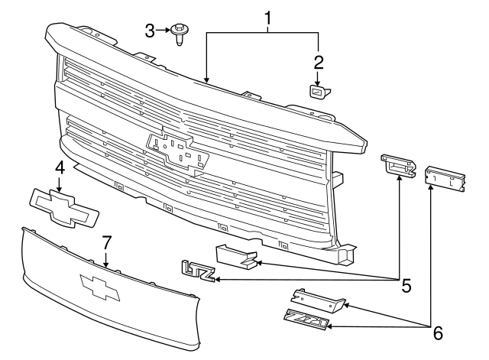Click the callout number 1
(268, 15)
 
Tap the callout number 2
(319, 62)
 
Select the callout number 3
(150, 30)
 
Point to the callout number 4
(59, 168)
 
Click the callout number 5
(406, 286)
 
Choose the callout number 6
(436, 332)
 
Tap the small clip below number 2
(317, 92)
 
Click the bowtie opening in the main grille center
(177, 150)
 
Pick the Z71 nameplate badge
(306, 320)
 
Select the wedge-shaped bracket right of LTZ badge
(235, 257)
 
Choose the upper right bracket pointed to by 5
(398, 167)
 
